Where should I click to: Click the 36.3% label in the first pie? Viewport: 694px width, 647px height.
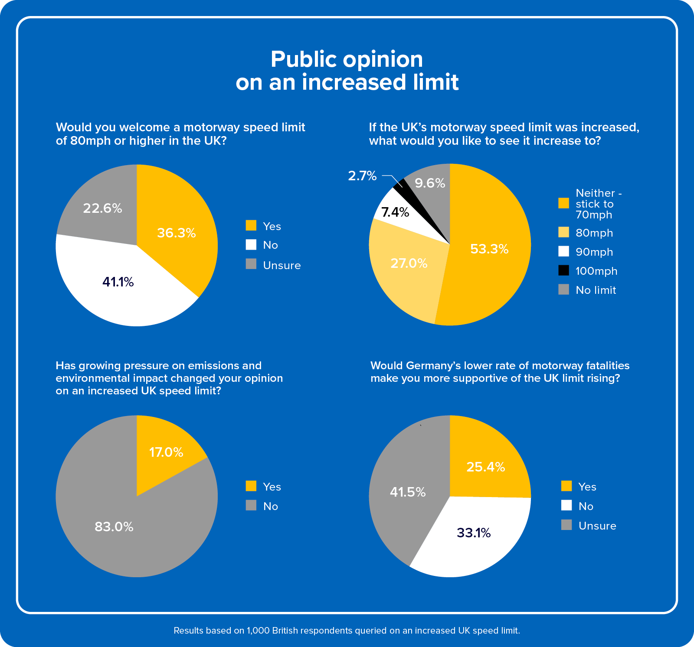(x=176, y=233)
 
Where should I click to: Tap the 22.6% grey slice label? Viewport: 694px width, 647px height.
(x=102, y=208)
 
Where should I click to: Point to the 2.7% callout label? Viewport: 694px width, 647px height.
(x=362, y=176)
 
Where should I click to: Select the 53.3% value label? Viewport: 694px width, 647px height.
(x=489, y=249)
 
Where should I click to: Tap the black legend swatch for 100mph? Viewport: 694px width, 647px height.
(x=563, y=270)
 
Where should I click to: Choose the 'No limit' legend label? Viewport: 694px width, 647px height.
(x=596, y=290)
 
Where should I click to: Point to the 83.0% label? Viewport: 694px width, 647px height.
(x=114, y=527)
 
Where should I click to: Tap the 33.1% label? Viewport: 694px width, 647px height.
(x=473, y=533)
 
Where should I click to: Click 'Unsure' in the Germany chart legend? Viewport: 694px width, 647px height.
(x=597, y=526)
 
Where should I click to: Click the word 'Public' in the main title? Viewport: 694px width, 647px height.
(x=304, y=60)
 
